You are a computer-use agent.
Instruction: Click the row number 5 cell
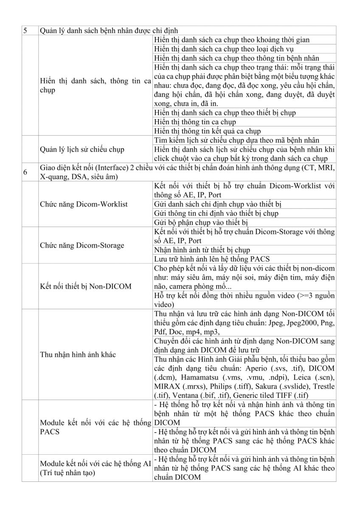pyautogui.click(x=25, y=31)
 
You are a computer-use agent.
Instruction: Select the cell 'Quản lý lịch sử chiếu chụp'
pyautogui.click(x=79, y=149)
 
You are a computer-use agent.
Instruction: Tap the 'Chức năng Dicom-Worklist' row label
pyautogui.click(x=84, y=204)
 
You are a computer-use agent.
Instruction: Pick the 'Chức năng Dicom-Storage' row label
pyautogui.click(x=82, y=245)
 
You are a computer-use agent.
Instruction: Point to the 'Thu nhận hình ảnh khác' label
pyautogui.click(x=78, y=354)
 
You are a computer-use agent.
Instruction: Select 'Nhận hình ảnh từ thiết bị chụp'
pyautogui.click(x=202, y=250)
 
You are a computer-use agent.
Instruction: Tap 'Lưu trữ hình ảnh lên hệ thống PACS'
pyautogui.click(x=212, y=259)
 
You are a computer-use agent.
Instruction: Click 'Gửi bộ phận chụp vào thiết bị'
pyautogui.click(x=201, y=222)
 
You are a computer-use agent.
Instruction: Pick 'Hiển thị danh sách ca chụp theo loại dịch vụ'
pyautogui.click(x=225, y=49)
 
